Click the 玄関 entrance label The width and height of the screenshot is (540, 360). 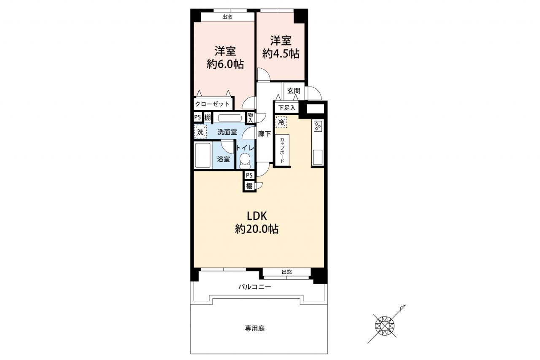pyautogui.click(x=294, y=91)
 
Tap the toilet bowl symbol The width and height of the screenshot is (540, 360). pyautogui.click(x=245, y=161)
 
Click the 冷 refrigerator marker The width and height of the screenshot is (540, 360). pyautogui.click(x=281, y=122)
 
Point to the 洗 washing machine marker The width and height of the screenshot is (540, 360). pyautogui.click(x=200, y=132)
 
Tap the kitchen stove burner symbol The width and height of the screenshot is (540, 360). pyautogui.click(x=318, y=126)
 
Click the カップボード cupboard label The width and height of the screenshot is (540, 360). pyautogui.click(x=282, y=150)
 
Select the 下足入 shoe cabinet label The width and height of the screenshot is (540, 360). pyautogui.click(x=286, y=108)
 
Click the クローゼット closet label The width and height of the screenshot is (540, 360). pyautogui.click(x=212, y=104)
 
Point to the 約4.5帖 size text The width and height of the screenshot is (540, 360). pyautogui.click(x=281, y=54)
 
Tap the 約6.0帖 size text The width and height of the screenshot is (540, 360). pyautogui.click(x=225, y=64)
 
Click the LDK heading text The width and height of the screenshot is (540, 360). pyautogui.click(x=257, y=216)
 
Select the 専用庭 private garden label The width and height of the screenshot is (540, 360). pyautogui.click(x=255, y=328)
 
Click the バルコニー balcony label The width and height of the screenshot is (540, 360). pyautogui.click(x=255, y=287)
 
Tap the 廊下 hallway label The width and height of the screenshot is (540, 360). pyautogui.click(x=265, y=134)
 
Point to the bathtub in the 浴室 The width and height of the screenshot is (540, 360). pyautogui.click(x=203, y=155)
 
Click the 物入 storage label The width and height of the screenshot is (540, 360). pyautogui.click(x=250, y=117)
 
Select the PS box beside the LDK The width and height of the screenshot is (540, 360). pyautogui.click(x=249, y=175)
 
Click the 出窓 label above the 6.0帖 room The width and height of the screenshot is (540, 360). pyautogui.click(x=227, y=17)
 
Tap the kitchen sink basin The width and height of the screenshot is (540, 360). pyautogui.click(x=318, y=157)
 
